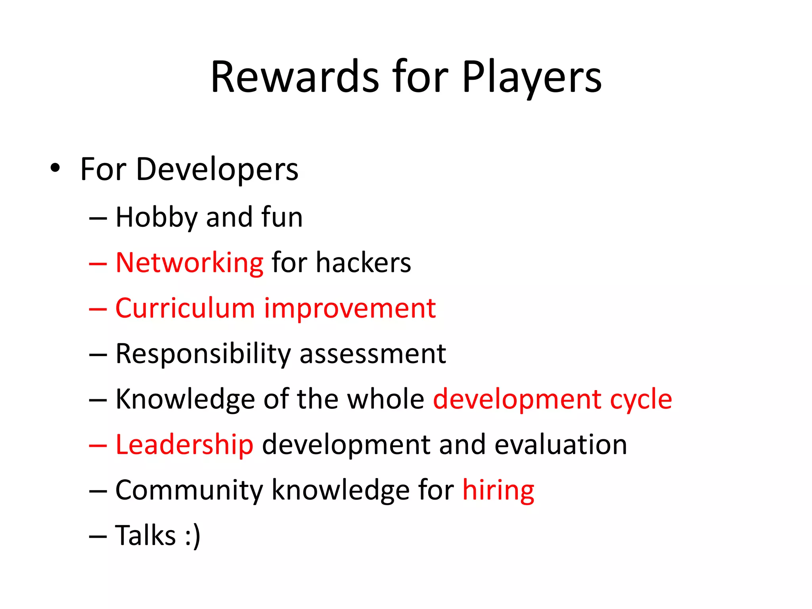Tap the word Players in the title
532,77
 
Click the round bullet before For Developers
56,168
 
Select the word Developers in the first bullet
217,170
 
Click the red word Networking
189,263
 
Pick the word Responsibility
203,354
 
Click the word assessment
373,354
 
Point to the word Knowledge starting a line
185,399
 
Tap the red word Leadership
184,444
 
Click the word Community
189,490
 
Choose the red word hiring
498,490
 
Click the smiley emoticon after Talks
193,536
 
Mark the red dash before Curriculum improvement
98,309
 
